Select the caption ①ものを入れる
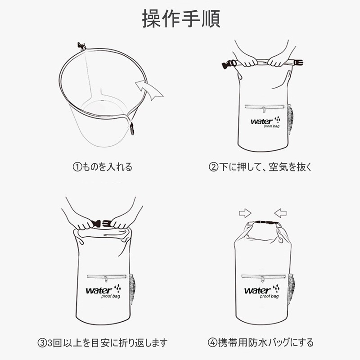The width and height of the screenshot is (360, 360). click(x=103, y=167)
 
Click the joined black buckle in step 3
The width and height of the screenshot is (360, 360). click(x=102, y=223)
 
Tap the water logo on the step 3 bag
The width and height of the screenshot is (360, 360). click(x=100, y=291)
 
